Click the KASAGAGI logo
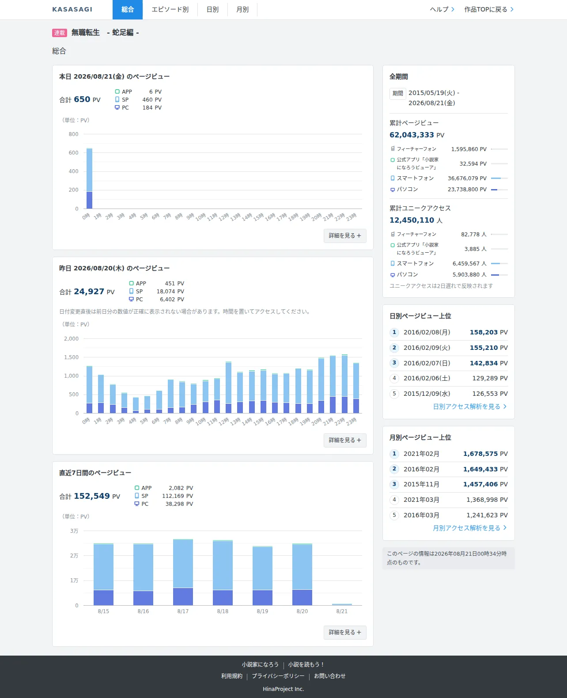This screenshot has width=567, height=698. pyautogui.click(x=72, y=9)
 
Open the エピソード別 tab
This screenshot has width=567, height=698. pyautogui.click(x=170, y=10)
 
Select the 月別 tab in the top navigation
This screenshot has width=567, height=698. pyautogui.click(x=242, y=10)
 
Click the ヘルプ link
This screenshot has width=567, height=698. pyautogui.click(x=442, y=10)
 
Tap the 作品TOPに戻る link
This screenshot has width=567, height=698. pyautogui.click(x=489, y=10)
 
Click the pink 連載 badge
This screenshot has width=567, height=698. pyautogui.click(x=60, y=33)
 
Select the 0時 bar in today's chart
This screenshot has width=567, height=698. pyautogui.click(x=89, y=178)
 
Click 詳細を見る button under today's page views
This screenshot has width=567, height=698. pyautogui.click(x=345, y=235)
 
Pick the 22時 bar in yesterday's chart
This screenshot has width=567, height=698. pyautogui.click(x=344, y=384)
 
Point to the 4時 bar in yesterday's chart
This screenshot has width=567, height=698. pyautogui.click(x=136, y=406)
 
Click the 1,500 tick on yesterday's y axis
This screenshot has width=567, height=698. pyautogui.click(x=71, y=357)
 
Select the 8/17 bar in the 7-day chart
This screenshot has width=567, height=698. pyautogui.click(x=183, y=572)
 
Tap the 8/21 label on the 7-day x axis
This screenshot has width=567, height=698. pyautogui.click(x=342, y=611)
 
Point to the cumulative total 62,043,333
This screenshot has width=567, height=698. pyautogui.click(x=412, y=135)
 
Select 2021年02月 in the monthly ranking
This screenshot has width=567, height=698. pyautogui.click(x=421, y=454)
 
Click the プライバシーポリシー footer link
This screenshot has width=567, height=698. pyautogui.click(x=278, y=676)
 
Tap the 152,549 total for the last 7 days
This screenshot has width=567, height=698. pyautogui.click(x=92, y=496)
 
